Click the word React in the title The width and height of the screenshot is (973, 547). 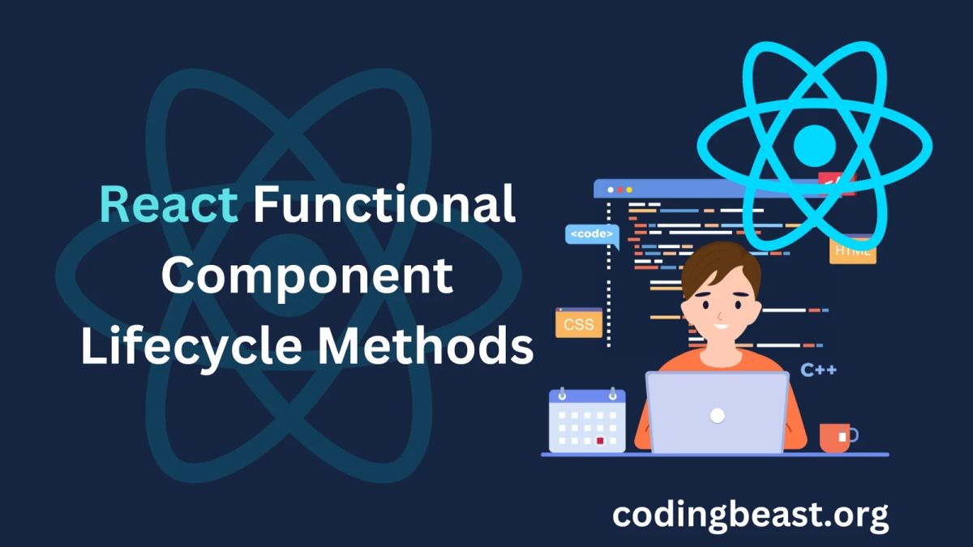[168, 204]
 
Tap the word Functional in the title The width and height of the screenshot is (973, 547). [384, 204]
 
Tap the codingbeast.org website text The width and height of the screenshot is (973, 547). [750, 515]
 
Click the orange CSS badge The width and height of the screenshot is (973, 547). [579, 324]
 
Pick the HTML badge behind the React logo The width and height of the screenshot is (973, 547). [852, 250]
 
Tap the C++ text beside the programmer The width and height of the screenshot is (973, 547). [818, 370]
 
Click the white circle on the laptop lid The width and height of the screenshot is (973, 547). [717, 415]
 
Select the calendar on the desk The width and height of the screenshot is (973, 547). [587, 421]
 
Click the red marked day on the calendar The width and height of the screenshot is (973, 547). [600, 441]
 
